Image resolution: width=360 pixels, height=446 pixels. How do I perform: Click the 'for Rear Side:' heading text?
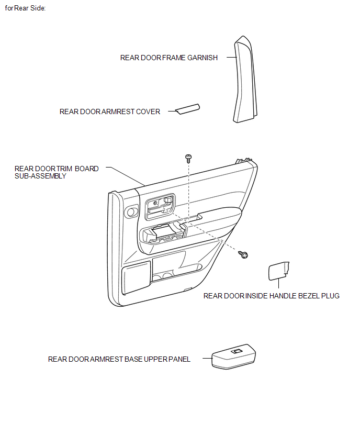25,8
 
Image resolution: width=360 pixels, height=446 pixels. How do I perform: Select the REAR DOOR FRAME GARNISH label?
169,58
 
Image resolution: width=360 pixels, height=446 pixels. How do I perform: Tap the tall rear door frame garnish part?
245,80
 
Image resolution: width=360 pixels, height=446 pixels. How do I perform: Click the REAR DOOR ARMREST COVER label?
110,111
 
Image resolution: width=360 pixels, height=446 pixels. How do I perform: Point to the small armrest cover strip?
188,109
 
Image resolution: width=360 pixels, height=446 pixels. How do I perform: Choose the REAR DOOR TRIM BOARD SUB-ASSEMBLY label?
57,172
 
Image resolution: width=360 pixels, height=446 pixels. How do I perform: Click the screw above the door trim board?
188,158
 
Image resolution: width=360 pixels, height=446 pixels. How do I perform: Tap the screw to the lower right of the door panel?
243,254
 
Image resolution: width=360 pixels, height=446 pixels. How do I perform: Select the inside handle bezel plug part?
279,271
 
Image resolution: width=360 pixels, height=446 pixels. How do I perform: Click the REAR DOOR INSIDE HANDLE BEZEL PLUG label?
271,296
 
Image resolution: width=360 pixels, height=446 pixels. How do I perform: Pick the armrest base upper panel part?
234,356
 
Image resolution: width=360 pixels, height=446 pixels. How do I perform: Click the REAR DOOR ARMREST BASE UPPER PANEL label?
119,359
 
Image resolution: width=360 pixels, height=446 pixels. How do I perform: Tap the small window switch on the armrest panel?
237,351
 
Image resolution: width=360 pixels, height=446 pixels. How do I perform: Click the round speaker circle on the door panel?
132,212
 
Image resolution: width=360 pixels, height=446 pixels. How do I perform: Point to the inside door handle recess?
160,207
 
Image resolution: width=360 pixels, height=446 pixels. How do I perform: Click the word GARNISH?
203,58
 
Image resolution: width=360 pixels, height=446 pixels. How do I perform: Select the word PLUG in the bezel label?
330,296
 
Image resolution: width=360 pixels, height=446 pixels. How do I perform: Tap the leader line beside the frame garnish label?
232,57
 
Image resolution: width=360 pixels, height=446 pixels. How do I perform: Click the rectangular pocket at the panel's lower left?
136,277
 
